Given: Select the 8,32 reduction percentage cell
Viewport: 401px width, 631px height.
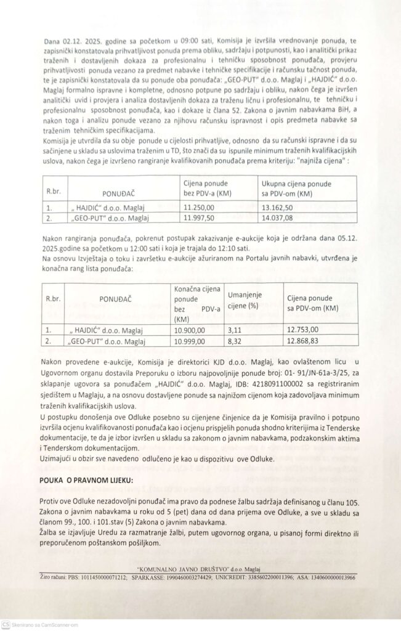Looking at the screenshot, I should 234,340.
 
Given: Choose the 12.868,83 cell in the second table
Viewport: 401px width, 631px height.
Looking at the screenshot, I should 306,340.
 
